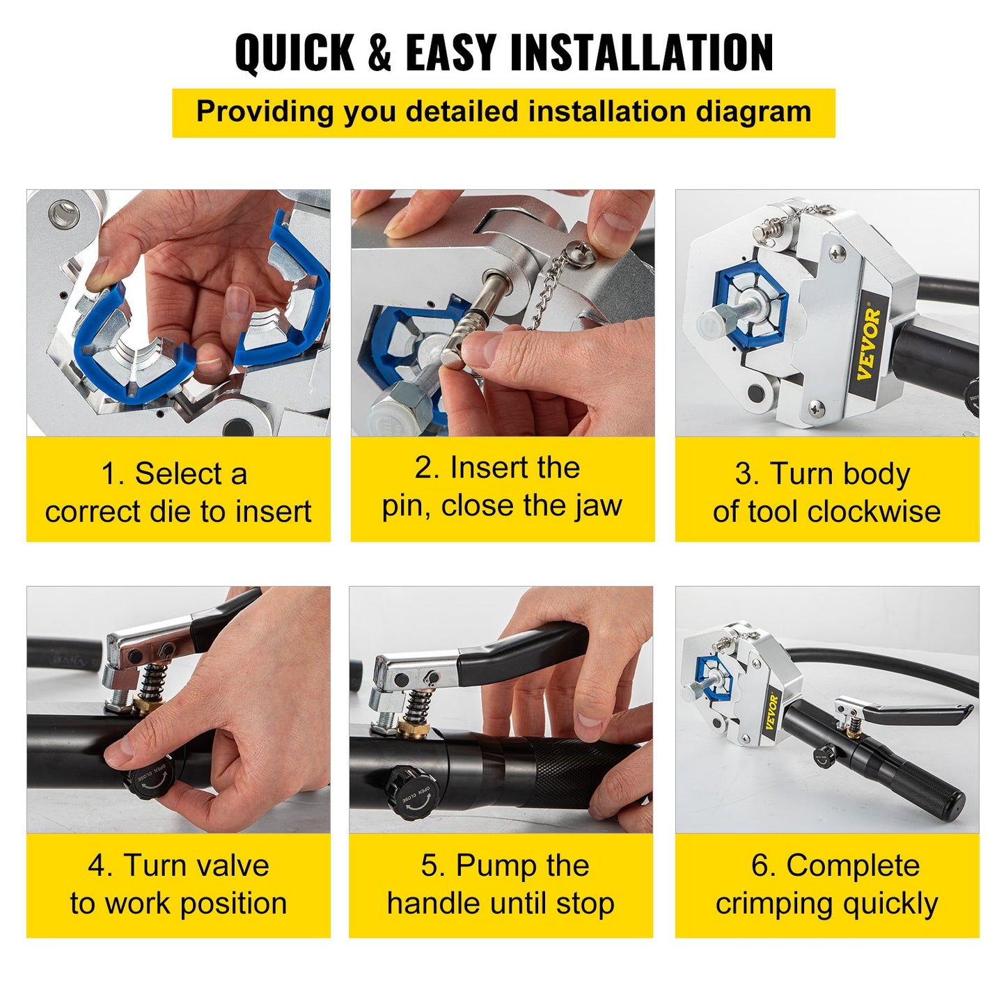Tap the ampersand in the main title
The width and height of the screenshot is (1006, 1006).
tap(379, 53)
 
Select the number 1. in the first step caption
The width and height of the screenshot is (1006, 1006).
tap(113, 475)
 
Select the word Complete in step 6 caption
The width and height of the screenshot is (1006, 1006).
tap(853, 866)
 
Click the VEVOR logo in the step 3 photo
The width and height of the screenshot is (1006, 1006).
tap(869, 345)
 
